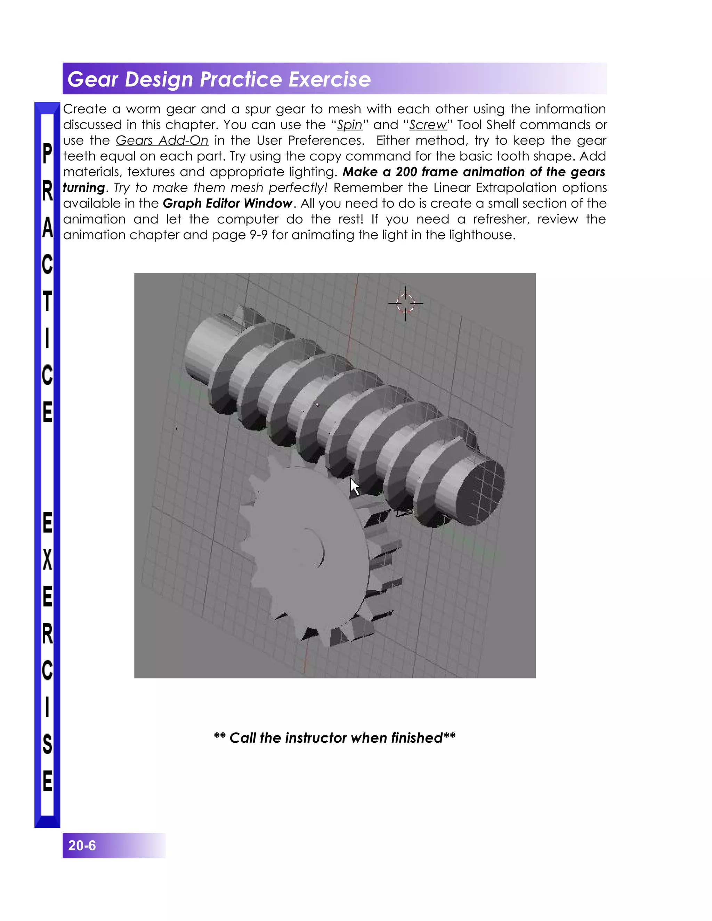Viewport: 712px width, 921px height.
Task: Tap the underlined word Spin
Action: click(x=349, y=125)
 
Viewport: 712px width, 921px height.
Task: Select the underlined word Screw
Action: click(x=427, y=125)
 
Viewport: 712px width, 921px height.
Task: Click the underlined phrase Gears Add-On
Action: click(x=162, y=140)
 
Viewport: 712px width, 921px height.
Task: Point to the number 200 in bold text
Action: click(x=406, y=172)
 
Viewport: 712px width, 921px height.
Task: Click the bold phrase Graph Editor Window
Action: click(x=227, y=204)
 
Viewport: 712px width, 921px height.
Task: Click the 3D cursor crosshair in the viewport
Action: click(x=405, y=303)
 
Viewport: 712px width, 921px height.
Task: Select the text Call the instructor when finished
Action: click(x=334, y=737)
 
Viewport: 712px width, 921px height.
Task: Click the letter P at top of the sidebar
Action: click(x=47, y=154)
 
